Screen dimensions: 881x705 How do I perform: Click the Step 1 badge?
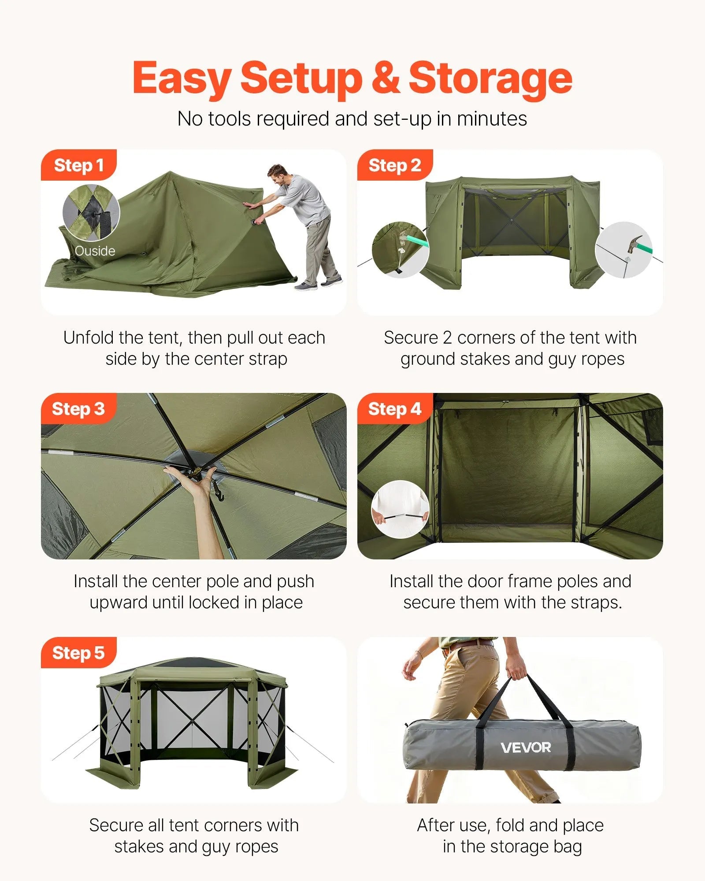pos(78,165)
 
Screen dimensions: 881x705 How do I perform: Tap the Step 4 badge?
pos(394,409)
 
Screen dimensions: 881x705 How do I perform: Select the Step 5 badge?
pos(78,652)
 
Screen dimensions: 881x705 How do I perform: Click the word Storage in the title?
pos(490,78)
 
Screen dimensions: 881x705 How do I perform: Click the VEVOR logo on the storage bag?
pos(526,748)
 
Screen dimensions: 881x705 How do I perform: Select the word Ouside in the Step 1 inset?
pos(95,251)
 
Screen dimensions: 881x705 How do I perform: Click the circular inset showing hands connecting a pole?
pos(400,509)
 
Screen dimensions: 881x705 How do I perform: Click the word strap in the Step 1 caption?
pos(268,359)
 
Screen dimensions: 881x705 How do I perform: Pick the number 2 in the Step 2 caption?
pos(447,338)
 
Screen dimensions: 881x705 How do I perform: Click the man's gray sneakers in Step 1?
pos(318,283)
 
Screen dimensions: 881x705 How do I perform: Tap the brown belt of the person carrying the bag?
pos(468,646)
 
